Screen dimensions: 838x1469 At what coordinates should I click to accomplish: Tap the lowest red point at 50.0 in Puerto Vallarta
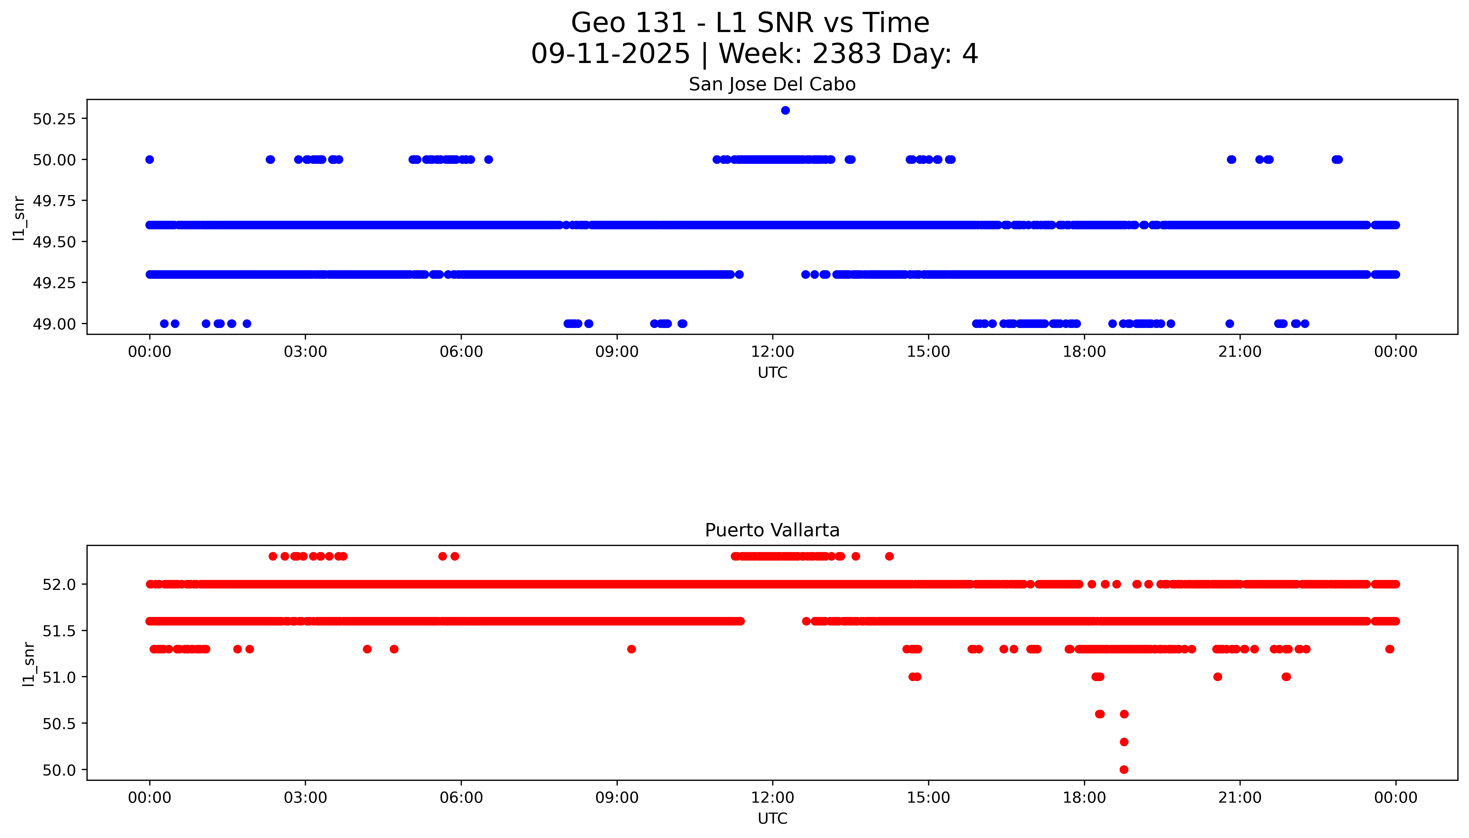pos(1124,769)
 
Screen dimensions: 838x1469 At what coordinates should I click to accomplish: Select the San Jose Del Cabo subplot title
pos(772,85)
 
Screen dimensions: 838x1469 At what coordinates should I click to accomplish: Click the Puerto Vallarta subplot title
pos(772,530)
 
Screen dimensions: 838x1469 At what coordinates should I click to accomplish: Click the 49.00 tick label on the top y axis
pos(54,324)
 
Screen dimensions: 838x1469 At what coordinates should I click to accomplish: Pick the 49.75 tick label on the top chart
pos(54,201)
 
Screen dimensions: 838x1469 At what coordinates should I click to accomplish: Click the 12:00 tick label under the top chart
pos(772,352)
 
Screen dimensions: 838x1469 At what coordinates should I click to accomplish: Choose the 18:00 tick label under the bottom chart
pos(1084,798)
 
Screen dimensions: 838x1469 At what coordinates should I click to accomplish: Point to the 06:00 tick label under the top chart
pos(461,352)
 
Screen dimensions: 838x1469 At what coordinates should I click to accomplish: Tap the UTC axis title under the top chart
pos(772,373)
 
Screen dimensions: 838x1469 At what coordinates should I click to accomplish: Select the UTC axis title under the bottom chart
pos(772,818)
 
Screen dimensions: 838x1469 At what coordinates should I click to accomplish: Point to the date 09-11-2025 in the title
pos(610,54)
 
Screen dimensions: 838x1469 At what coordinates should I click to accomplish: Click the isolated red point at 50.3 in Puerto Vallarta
pos(1124,742)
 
